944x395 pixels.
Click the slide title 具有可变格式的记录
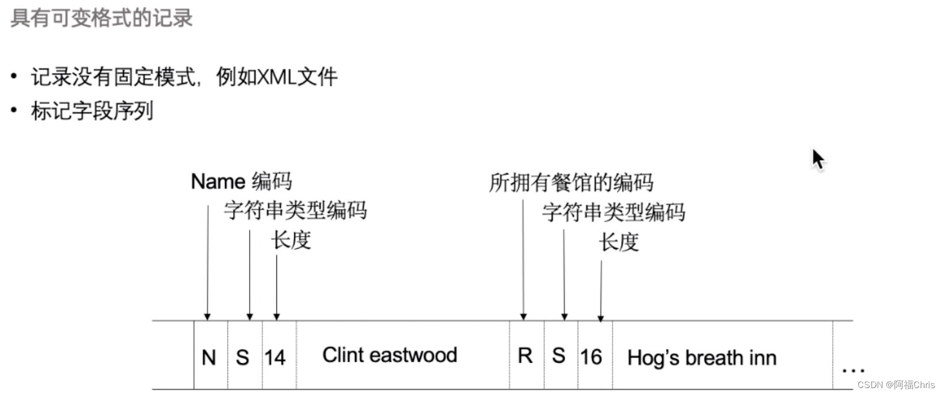101,18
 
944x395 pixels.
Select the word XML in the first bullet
276,77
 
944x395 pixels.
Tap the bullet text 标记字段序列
92,111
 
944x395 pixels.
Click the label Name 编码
241,181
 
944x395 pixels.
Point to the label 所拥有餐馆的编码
571,183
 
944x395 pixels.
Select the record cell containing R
525,356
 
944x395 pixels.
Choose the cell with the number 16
591,357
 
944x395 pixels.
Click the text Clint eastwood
390,355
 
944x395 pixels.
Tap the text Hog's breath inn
702,358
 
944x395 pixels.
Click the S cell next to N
243,357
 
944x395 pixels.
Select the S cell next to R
558,356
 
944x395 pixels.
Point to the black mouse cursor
818,159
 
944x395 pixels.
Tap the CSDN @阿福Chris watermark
896,385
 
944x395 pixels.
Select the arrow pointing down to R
523,259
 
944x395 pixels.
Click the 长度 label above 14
291,240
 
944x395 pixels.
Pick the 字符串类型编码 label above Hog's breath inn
614,212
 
